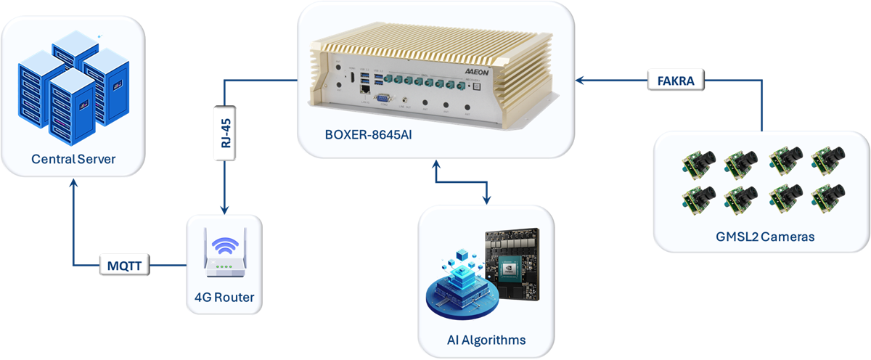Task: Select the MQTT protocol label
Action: coord(125,266)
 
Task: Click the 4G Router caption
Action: coord(224,297)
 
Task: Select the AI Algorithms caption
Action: coord(486,340)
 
